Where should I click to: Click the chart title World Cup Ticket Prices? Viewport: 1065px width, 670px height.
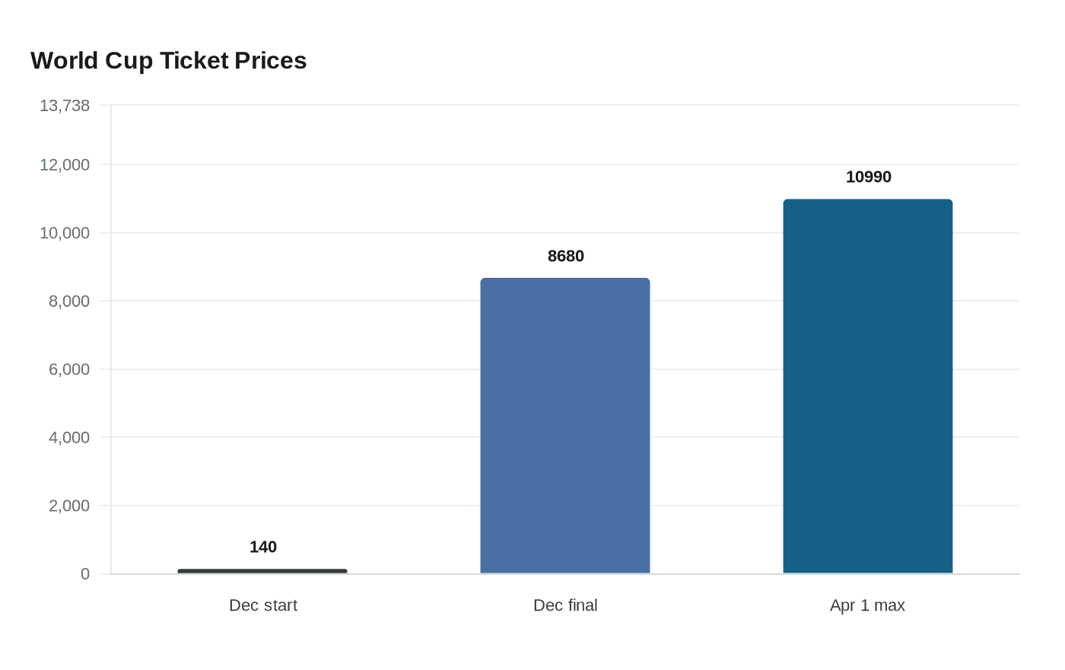(x=168, y=60)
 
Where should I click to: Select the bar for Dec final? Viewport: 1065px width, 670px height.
(x=565, y=426)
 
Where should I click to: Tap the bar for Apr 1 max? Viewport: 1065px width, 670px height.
(x=868, y=386)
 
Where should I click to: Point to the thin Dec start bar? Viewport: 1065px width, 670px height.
(x=262, y=571)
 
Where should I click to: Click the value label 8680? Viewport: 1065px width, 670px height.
(x=566, y=256)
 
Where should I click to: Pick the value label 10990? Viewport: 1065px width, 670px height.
(x=868, y=177)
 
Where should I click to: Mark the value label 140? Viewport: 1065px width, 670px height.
(x=263, y=547)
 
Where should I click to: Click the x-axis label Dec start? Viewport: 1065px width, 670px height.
(x=263, y=605)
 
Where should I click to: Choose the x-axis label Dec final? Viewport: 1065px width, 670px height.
(x=565, y=605)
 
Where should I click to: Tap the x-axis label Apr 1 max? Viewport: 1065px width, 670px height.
(x=867, y=605)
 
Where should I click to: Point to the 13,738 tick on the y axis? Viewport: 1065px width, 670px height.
(x=65, y=105)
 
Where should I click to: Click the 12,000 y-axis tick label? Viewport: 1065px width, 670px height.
(x=65, y=164)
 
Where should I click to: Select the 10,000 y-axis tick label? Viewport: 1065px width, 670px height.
(x=65, y=233)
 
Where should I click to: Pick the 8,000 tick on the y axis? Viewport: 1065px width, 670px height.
(x=69, y=301)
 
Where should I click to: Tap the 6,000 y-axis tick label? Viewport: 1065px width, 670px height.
(x=69, y=369)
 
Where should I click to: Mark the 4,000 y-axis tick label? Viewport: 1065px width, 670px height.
(x=69, y=437)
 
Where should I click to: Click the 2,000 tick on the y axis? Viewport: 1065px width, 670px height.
(x=69, y=506)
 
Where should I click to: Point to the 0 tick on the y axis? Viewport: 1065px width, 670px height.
(x=85, y=574)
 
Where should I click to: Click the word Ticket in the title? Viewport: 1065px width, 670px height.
(x=193, y=60)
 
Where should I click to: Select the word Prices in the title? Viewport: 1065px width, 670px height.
(x=270, y=60)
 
